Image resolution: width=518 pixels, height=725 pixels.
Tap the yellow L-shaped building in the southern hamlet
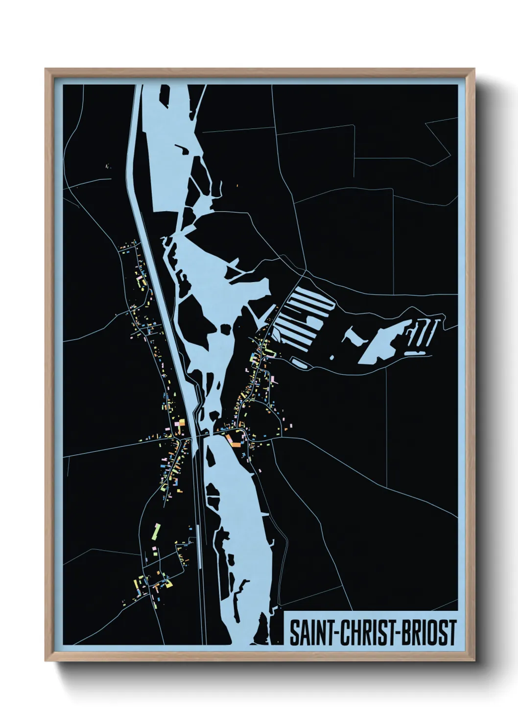coord(168,584)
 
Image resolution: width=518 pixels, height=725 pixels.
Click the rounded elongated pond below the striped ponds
coord(299,362)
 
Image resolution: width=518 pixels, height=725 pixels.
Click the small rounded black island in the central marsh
coord(226,329)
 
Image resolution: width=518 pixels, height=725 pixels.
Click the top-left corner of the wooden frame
coord(46,69)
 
